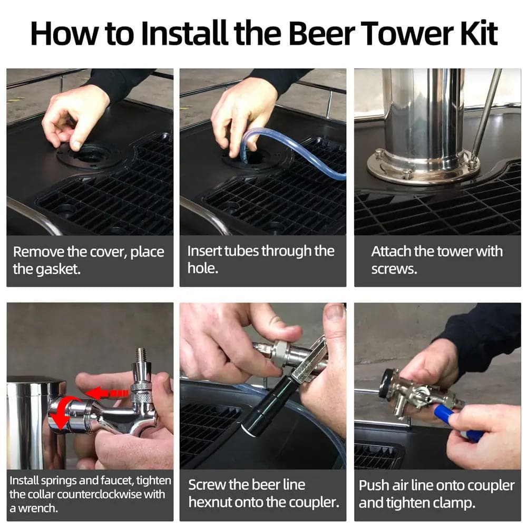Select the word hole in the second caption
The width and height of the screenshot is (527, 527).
pos(203,268)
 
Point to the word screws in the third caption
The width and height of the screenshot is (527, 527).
pos(394,269)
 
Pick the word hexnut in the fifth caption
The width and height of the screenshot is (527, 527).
pos(210,502)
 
